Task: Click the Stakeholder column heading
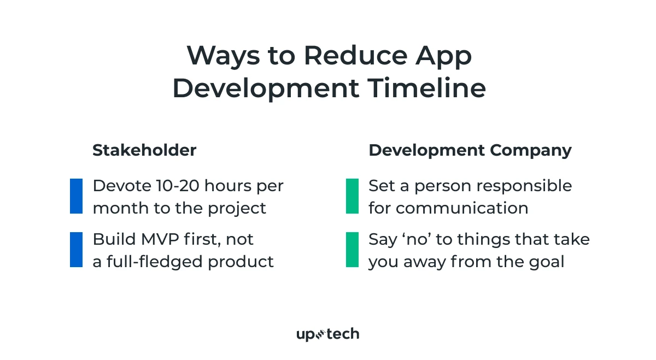144,150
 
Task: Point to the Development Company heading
470,150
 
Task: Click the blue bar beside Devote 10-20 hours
76,196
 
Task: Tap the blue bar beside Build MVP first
76,250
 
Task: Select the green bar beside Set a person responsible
353,196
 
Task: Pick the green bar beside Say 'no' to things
353,250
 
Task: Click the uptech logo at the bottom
327,334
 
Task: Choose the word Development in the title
266,88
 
